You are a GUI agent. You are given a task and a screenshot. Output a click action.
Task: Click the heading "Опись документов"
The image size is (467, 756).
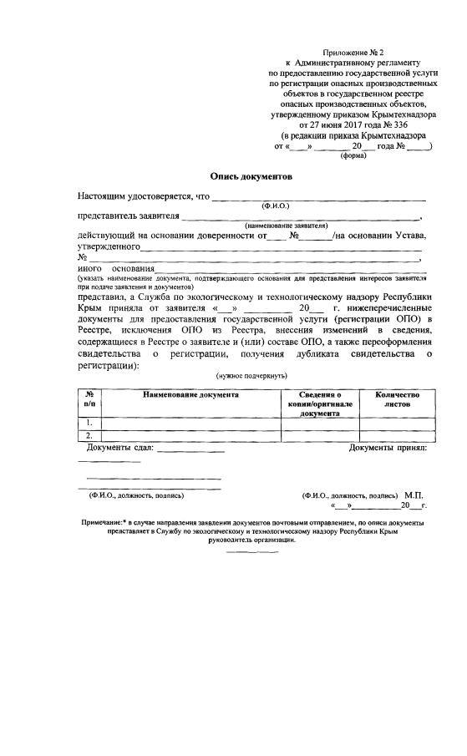tap(250, 176)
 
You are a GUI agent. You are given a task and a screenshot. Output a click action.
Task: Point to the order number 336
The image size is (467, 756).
tap(404, 124)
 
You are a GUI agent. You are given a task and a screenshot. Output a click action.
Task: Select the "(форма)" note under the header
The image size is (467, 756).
tap(353, 155)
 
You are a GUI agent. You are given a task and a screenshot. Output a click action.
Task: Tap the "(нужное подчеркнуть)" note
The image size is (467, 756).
tap(251, 377)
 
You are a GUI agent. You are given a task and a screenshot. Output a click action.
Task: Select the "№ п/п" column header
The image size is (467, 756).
tap(89, 398)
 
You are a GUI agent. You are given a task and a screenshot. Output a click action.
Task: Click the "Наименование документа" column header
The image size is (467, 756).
tap(190, 393)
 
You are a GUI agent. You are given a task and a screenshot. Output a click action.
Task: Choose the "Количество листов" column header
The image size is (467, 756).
tap(397, 398)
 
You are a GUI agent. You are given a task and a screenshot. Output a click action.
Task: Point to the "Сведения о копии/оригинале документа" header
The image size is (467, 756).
tap(320, 403)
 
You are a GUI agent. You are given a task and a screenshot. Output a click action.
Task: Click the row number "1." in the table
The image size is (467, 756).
tap(89, 423)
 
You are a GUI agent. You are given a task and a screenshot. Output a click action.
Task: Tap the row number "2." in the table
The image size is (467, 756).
tap(89, 435)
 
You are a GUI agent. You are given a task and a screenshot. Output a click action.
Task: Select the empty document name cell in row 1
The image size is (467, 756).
tap(190, 423)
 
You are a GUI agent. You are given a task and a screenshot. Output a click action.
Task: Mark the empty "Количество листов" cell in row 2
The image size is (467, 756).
tap(397, 435)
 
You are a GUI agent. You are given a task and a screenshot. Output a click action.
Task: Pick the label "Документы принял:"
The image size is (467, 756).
tap(387, 449)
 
